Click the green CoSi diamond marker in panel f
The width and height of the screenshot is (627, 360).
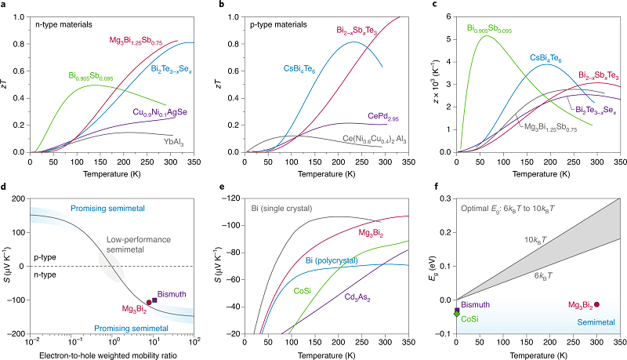[x=457, y=315]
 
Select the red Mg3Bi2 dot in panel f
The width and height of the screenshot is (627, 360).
[x=596, y=304]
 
